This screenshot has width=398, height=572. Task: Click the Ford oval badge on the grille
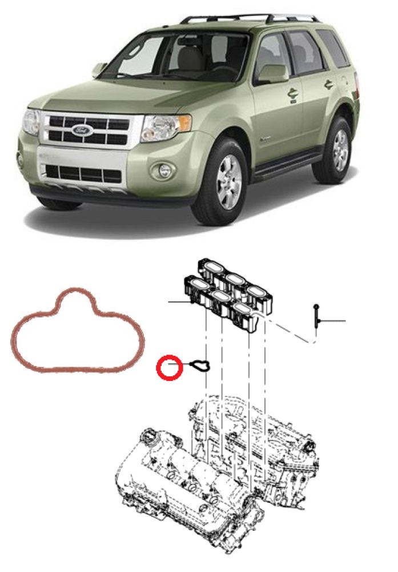pyautogui.click(x=82, y=130)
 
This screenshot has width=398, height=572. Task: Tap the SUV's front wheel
pyautogui.click(x=228, y=183)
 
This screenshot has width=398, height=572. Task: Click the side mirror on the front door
pyautogui.click(x=273, y=74)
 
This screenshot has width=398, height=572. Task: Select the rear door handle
pyautogui.click(x=329, y=85)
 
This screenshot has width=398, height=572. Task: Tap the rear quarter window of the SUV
pyautogui.click(x=332, y=49)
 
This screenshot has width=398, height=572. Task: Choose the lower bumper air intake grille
pyautogui.click(x=83, y=174)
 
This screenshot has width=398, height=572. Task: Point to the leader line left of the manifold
pyautogui.click(x=179, y=302)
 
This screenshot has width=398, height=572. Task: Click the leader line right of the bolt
pyautogui.click(x=332, y=321)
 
